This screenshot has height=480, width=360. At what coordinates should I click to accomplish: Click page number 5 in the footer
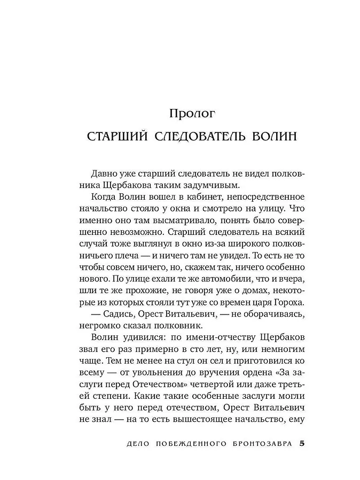(x=302, y=444)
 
